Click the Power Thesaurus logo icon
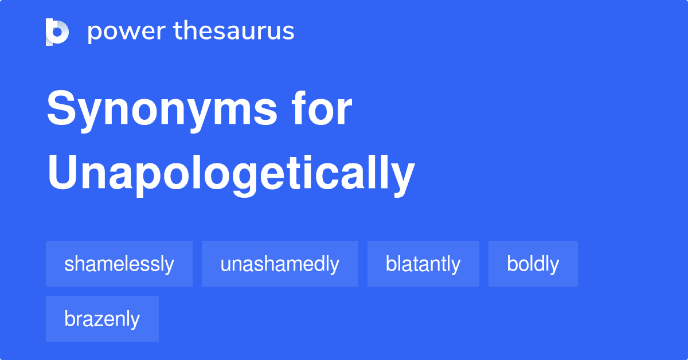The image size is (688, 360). coord(57,32)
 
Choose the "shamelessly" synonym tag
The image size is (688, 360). coord(119,264)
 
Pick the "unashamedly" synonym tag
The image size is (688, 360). coord(280,264)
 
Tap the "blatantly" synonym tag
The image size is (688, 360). coord(423,264)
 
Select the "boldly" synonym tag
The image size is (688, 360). coord(533,264)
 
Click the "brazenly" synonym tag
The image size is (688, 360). coord(102,319)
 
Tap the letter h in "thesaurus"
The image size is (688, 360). coord(190,30)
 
